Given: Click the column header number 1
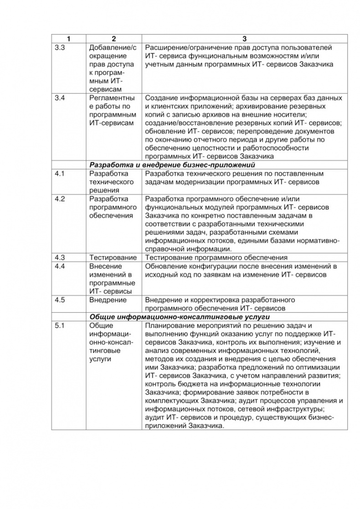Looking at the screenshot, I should (69, 39).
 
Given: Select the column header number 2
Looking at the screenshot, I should (114, 39).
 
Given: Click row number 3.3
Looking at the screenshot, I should (60, 48).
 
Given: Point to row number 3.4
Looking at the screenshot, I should (60, 98).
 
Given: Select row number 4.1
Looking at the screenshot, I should (60, 174).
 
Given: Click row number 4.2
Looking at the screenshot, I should (60, 199).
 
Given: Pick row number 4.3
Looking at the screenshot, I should (60, 257).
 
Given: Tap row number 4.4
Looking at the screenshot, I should (60, 266).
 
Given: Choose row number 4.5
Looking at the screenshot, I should (60, 300).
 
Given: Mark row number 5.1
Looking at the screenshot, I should (60, 326).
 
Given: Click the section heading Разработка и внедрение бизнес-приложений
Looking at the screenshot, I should (172, 165).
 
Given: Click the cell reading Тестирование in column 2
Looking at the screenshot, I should (113, 257).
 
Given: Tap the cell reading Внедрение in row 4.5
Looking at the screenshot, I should (108, 300).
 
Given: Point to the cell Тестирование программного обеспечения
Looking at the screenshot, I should (216, 257).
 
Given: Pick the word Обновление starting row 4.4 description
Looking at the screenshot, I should (165, 266).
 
